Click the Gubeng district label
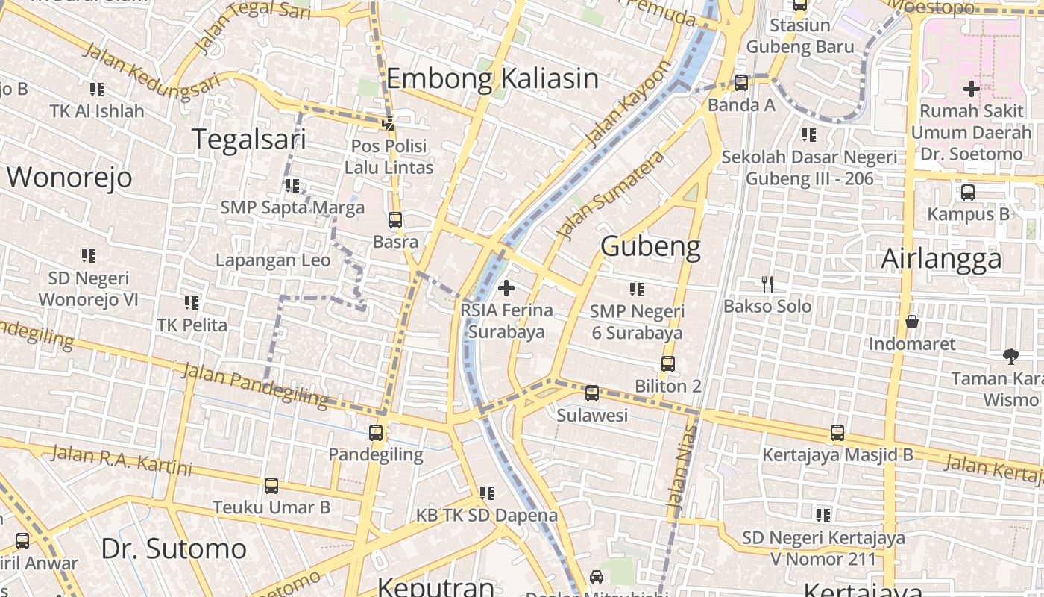(x=650, y=246)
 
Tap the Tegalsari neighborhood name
(x=249, y=140)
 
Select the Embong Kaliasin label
(x=492, y=78)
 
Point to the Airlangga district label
(x=941, y=259)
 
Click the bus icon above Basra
(x=395, y=220)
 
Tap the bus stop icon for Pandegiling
(x=376, y=432)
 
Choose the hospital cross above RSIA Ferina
(x=506, y=287)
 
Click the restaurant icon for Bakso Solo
(x=767, y=284)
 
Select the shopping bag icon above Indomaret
(x=911, y=322)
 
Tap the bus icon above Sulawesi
(x=592, y=393)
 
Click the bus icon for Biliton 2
(x=667, y=364)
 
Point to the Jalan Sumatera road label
(x=611, y=196)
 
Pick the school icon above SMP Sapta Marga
(x=292, y=185)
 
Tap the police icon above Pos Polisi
(x=388, y=123)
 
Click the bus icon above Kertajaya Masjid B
(x=837, y=433)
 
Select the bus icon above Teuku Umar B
(x=271, y=486)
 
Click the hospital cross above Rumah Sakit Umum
(x=971, y=89)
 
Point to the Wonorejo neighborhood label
(x=69, y=178)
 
